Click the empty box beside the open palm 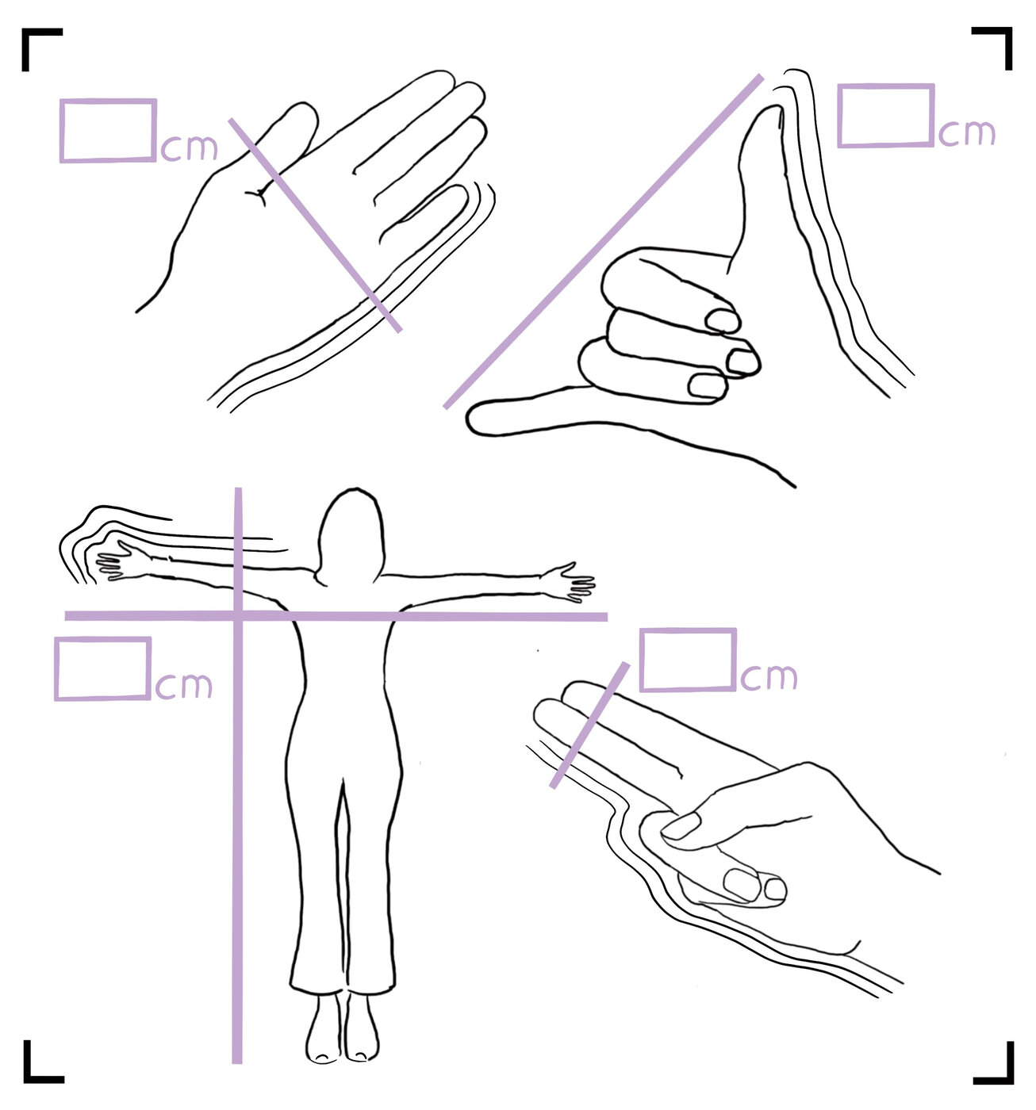point(107,131)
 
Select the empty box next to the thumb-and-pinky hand point(885,116)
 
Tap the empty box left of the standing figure point(102,668)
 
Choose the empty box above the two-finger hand point(688,660)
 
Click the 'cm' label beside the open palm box point(189,147)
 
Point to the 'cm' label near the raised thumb point(967,133)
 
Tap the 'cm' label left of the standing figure point(184,685)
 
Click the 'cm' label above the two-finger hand point(769,676)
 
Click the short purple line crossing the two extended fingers point(589,725)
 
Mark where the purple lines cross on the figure point(238,616)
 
